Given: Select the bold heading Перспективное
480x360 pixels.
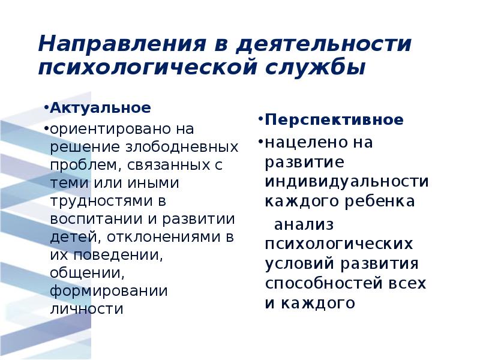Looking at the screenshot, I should click(334, 119).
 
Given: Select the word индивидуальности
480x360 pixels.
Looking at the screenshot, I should click(346, 181).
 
